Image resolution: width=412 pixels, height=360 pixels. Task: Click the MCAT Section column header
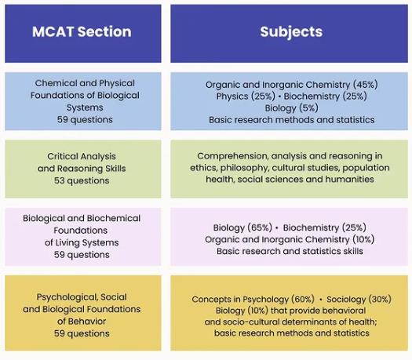(82, 31)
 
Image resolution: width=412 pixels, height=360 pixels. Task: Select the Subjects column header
(291, 32)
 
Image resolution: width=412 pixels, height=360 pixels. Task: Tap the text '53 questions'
(82, 180)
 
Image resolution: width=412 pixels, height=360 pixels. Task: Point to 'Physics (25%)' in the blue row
(246, 96)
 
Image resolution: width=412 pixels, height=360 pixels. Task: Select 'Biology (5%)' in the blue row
(291, 108)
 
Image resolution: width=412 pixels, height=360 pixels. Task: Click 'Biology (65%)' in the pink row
(242, 227)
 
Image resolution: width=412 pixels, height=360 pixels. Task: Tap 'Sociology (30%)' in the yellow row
(359, 299)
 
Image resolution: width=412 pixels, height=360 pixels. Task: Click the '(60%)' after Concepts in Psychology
(303, 299)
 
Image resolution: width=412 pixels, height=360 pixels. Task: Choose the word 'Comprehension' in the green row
(232, 156)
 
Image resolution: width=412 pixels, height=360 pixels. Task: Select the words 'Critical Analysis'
(82, 157)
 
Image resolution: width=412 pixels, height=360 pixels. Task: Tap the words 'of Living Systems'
(82, 242)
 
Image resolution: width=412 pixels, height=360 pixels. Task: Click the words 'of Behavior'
(82, 321)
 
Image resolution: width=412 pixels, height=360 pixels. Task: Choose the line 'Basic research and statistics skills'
(290, 251)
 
